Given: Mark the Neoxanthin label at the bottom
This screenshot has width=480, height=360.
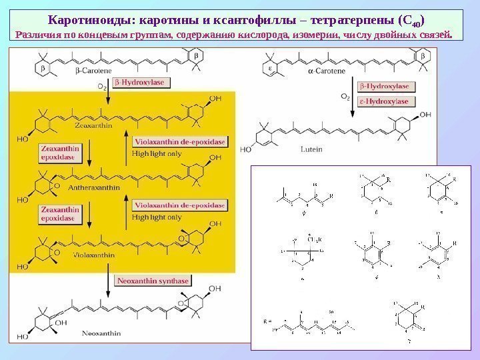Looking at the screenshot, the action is (x=99, y=331).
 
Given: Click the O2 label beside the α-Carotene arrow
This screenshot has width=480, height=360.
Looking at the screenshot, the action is (x=345, y=95).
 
